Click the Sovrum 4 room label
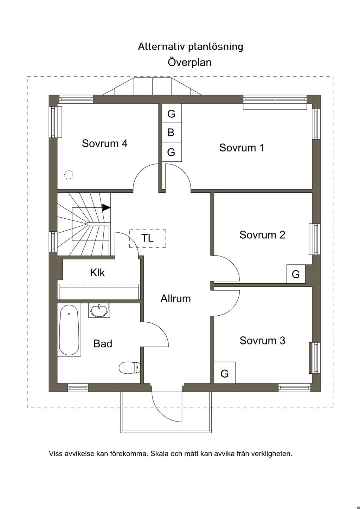click(x=104, y=143)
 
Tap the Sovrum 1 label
click(x=242, y=148)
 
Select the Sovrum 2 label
click(x=262, y=235)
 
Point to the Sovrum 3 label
click(x=263, y=341)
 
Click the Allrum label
click(x=175, y=298)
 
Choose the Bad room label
click(x=103, y=343)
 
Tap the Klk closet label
click(x=97, y=273)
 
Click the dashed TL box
click(x=148, y=238)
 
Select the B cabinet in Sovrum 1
click(x=172, y=133)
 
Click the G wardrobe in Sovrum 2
click(x=296, y=274)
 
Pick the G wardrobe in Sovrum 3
click(x=225, y=374)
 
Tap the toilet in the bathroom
click(x=130, y=367)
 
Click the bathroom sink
click(x=99, y=310)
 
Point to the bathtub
click(x=69, y=330)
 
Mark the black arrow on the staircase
click(x=106, y=207)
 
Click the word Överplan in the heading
click(x=189, y=62)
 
